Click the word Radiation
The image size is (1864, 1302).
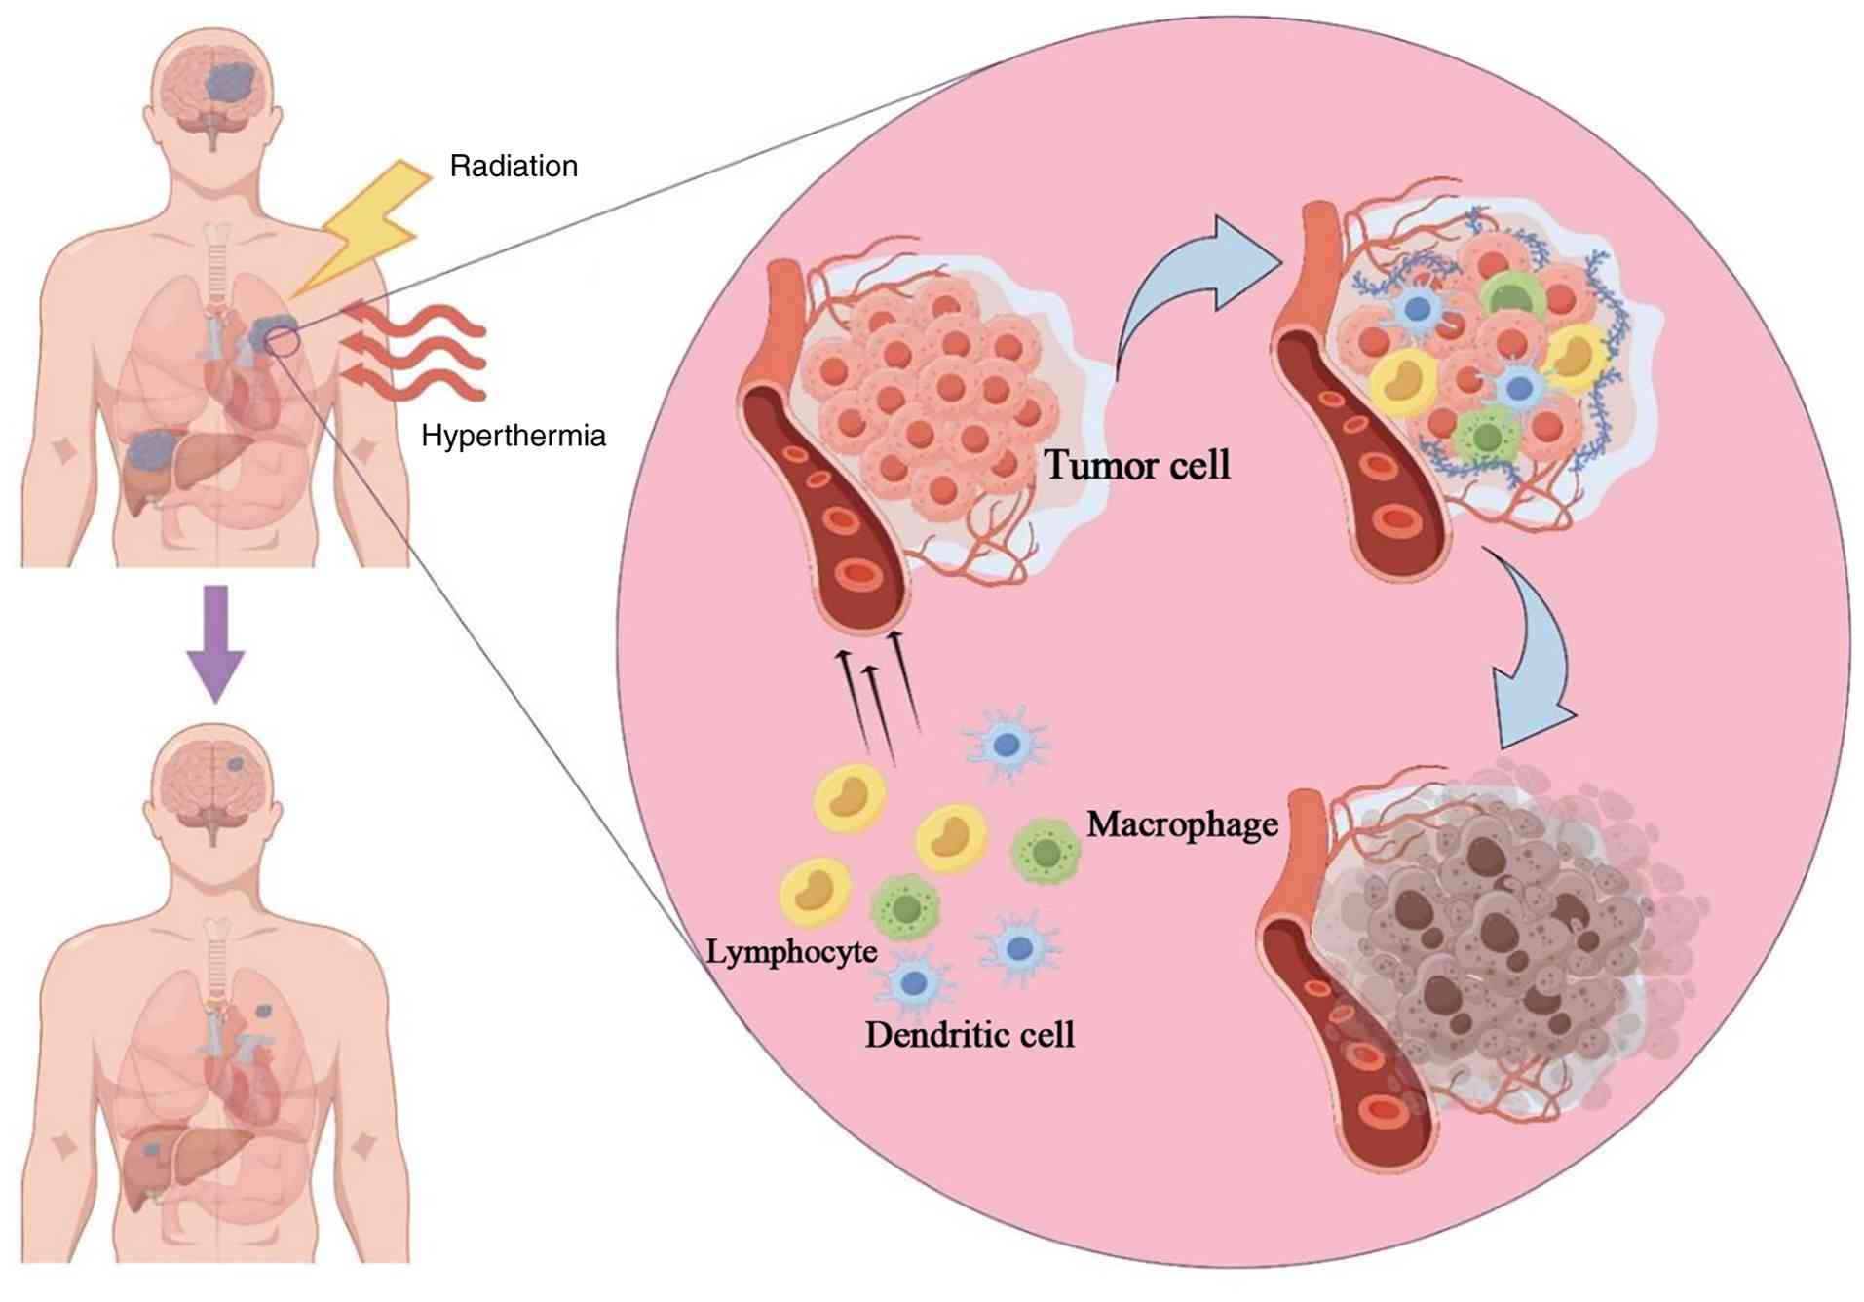coord(513,167)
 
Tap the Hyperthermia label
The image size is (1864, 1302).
coord(513,436)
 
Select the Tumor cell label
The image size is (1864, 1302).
coord(1136,465)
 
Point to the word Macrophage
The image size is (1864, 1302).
coord(1182,824)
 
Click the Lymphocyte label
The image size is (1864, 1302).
coord(790,951)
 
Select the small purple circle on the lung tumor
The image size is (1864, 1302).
coord(282,339)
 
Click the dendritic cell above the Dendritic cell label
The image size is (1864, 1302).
coord(913,982)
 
